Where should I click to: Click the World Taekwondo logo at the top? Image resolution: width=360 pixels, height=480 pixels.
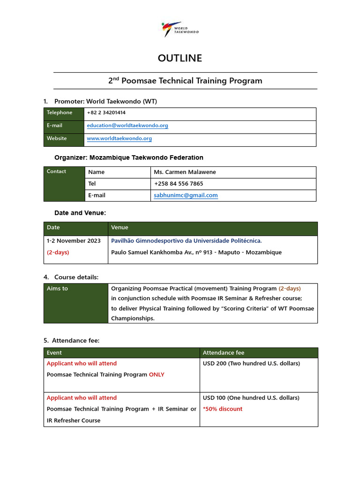tap(180, 29)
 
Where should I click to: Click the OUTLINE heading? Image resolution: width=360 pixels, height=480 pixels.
tap(180, 58)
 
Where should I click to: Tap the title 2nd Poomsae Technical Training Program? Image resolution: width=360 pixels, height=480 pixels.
tap(185, 81)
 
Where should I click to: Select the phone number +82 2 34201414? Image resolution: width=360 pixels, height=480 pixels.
tap(106, 113)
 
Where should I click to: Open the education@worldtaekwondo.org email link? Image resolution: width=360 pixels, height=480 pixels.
tap(127, 126)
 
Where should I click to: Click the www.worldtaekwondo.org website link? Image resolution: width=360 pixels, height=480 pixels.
tap(120, 139)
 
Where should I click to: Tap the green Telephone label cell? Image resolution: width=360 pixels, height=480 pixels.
tap(64, 113)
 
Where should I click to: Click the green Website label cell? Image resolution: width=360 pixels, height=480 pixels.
tap(64, 139)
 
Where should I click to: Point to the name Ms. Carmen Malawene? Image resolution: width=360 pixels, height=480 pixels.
tap(185, 172)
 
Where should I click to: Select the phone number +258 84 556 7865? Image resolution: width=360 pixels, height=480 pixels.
tap(178, 184)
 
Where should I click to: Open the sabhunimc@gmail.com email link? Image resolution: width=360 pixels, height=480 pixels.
tap(186, 195)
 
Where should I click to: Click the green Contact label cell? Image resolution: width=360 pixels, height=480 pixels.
tap(64, 184)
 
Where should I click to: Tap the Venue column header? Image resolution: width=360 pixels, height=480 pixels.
tap(120, 228)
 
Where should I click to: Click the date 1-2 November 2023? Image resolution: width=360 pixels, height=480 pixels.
tap(74, 241)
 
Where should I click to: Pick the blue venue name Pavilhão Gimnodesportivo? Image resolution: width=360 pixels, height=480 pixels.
tap(186, 241)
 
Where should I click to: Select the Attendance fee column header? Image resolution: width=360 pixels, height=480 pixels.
tap(223, 353)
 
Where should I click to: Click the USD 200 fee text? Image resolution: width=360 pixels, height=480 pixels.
tap(251, 364)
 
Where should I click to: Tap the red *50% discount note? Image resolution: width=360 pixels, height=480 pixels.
tap(223, 409)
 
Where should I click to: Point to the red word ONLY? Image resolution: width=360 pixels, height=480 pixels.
tap(157, 375)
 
